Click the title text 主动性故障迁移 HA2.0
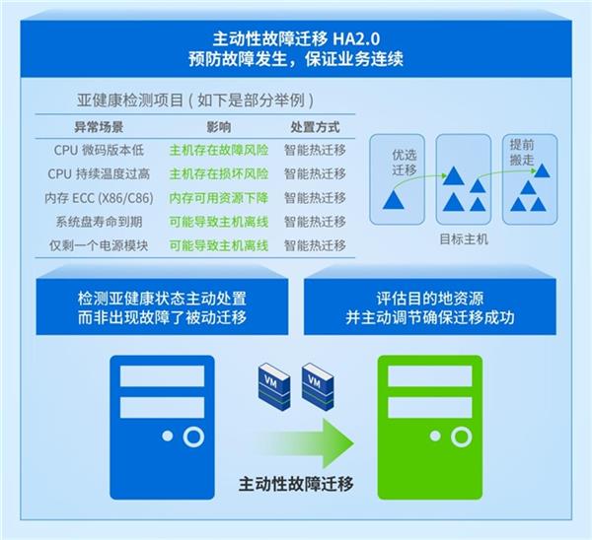296,38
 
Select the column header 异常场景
99,127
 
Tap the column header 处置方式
315,127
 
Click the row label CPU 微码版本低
99,150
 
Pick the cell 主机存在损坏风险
219,173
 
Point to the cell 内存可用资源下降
219,198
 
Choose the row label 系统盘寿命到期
99,222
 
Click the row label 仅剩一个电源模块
99,245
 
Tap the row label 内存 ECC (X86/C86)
99,198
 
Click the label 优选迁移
405,163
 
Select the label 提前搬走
522,152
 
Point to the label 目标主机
464,239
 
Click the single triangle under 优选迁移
394,199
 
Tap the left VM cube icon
274,386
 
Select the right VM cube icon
318,386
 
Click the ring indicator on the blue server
193,437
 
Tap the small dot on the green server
435,437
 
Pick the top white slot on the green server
430,376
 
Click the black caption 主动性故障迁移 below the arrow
296,484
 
